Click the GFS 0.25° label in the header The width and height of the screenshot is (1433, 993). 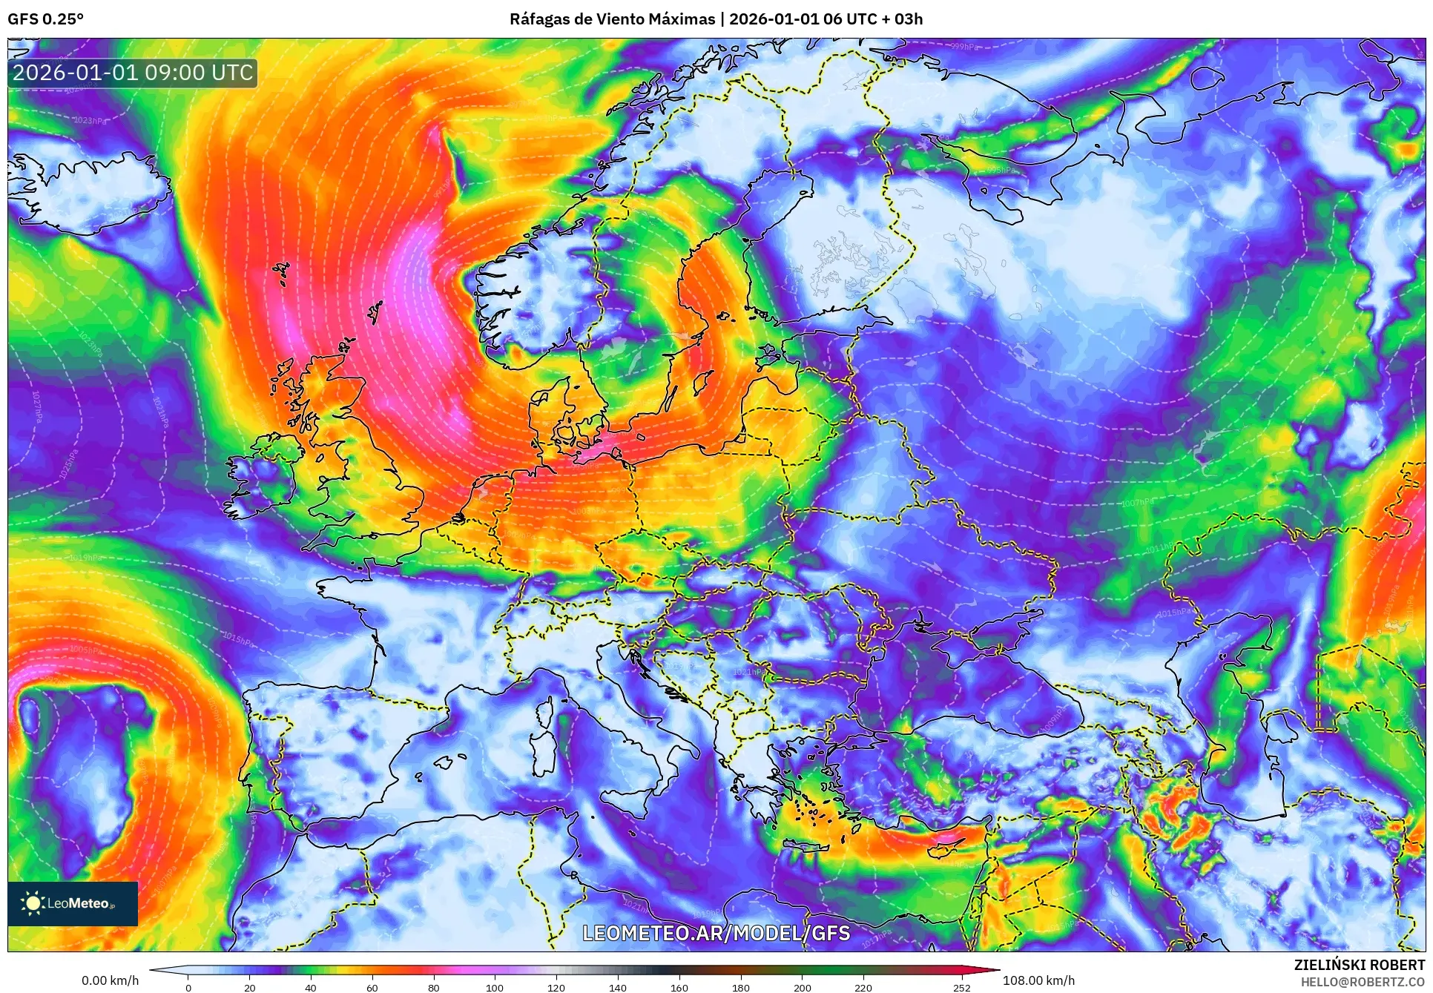point(45,19)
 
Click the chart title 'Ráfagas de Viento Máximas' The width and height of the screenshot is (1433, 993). point(612,19)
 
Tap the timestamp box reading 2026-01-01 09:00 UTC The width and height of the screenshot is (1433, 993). point(133,73)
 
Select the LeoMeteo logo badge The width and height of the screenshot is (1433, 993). point(73,903)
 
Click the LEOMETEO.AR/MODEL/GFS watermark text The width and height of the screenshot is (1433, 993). point(716,933)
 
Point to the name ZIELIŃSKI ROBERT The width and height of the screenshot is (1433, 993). point(1359,965)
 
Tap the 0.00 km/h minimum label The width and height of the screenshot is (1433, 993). point(110,980)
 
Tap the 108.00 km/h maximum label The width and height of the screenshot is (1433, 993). point(1038,980)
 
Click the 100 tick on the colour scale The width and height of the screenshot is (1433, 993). point(495,987)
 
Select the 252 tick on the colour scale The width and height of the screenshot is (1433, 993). point(962,987)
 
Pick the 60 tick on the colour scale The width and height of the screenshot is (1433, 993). point(372,987)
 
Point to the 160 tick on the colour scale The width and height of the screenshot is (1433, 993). point(679,987)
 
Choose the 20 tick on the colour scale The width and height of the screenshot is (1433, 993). point(250,987)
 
